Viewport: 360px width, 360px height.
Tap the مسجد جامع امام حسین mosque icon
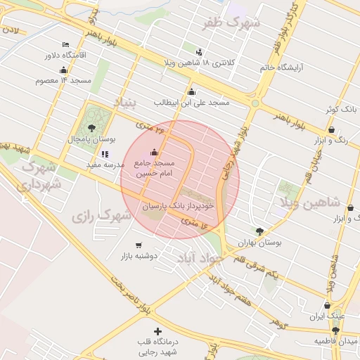pos(155,153)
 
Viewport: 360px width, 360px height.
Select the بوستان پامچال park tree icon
pos(91,128)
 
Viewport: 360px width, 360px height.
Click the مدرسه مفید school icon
pos(105,154)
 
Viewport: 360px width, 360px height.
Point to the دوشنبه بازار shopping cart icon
pos(139,245)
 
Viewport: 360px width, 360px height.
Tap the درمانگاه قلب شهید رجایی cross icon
pos(157,330)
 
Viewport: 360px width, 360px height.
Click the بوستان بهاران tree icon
pos(260,231)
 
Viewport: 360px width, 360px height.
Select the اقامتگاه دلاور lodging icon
pos(65,44)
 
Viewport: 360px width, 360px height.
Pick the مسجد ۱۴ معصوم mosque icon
pos(64,70)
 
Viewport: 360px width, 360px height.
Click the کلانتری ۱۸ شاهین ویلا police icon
pos(199,51)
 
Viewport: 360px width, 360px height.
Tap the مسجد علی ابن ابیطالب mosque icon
pos(192,91)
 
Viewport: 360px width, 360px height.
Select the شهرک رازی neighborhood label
pos(102,214)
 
